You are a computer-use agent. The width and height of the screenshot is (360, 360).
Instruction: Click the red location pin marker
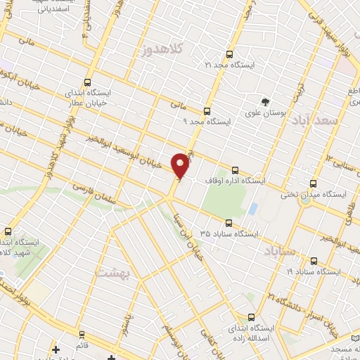tap(181, 165)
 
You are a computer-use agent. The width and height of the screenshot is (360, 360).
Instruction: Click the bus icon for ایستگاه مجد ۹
tap(207, 111)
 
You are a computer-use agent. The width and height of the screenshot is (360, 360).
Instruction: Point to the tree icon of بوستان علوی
tap(265, 101)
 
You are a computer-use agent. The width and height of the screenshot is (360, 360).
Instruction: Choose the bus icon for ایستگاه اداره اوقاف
tap(235, 170)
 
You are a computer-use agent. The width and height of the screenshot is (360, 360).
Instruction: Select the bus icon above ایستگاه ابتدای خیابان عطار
tap(87, 82)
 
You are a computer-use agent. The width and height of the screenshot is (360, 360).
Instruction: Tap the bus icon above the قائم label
tap(82, 334)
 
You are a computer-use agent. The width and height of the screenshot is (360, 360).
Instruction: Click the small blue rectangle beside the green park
tap(253, 209)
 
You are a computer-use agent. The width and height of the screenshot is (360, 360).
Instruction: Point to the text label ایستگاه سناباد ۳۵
tap(229, 233)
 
